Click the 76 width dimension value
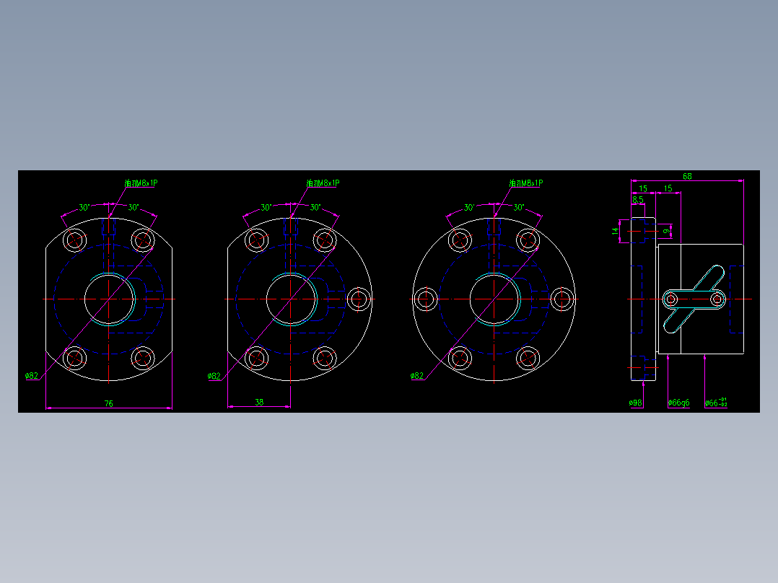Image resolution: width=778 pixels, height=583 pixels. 109,403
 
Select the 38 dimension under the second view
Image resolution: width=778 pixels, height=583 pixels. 259,402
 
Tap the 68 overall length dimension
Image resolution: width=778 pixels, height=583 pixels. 687,176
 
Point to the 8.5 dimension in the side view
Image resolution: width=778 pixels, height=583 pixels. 638,199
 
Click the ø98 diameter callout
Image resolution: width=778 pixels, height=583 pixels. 636,403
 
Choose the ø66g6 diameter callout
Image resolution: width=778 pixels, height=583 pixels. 678,403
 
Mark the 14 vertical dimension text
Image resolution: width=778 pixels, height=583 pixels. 615,231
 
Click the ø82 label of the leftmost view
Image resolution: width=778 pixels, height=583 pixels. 32,376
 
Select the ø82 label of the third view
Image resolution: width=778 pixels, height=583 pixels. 416,376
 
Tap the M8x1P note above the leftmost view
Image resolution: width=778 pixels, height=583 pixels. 141,183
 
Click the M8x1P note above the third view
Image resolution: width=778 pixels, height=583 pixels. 525,183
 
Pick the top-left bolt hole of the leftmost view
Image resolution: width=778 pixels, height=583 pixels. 74,240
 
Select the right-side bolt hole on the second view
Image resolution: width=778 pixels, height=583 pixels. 359,298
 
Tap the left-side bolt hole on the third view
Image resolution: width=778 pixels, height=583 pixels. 426,298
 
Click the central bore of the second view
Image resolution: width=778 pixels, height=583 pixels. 291,298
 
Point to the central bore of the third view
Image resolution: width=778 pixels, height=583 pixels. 494,298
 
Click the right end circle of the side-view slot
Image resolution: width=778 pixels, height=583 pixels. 717,298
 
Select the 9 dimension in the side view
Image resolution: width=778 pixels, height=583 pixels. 666,231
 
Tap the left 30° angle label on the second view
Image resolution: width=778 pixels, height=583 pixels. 266,208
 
